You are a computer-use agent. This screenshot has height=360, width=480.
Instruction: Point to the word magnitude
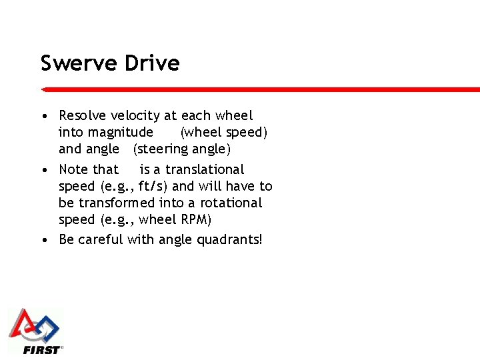point(106,133)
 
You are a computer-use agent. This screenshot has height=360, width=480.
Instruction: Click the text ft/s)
point(153,186)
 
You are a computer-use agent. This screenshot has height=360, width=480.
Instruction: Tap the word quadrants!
point(230,239)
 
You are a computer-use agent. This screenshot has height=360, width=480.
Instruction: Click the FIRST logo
point(35,331)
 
